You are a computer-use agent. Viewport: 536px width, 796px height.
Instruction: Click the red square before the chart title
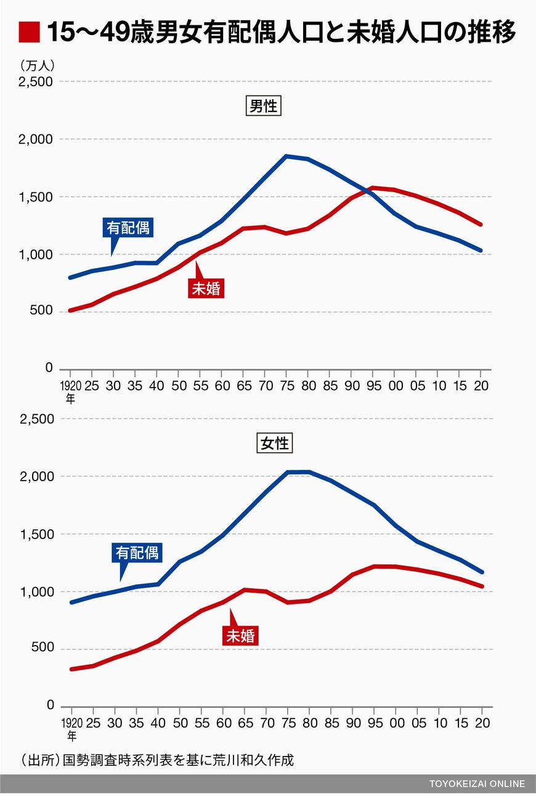coord(29,32)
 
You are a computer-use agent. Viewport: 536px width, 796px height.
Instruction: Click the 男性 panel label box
coord(263,107)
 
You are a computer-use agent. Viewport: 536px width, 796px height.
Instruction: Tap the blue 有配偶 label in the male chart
coord(128,228)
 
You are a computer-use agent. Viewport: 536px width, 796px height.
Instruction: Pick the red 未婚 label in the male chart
coord(206,288)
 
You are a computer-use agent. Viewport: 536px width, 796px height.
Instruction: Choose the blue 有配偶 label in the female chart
coord(136,553)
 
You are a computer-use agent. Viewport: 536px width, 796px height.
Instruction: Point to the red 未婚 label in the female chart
coord(240,636)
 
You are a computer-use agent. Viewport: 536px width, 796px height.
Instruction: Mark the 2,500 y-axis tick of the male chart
coord(36,82)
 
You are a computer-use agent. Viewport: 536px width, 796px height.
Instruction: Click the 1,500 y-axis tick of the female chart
coord(36,534)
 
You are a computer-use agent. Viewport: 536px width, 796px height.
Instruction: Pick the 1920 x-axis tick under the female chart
coord(71,723)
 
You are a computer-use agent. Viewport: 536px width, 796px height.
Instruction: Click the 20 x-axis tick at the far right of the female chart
coord(483,723)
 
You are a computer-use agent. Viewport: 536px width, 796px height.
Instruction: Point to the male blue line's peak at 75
coord(286,156)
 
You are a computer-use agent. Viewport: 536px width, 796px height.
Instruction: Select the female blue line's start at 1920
coord(71,602)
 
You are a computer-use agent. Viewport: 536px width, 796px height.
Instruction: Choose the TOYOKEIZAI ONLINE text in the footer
coord(477,784)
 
